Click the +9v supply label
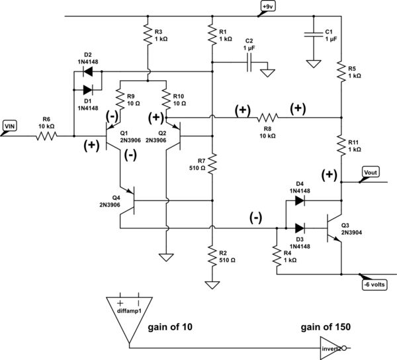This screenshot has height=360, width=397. coord(267,7)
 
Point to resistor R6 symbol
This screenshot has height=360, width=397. coord(47,137)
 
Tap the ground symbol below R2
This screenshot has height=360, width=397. coord(211,285)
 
